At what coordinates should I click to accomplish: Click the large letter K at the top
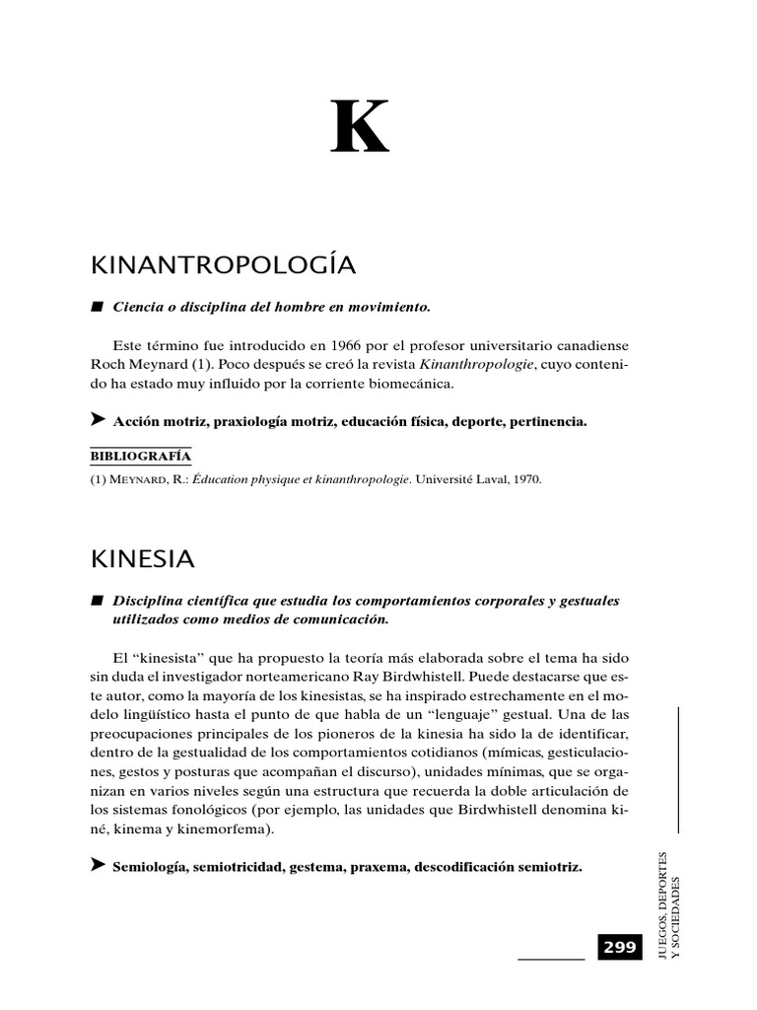(x=360, y=127)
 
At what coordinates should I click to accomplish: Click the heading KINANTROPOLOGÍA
(x=222, y=265)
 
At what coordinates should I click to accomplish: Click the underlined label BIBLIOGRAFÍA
(x=140, y=456)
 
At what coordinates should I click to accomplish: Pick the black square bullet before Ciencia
(x=97, y=307)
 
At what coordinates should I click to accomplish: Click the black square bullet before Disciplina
(x=97, y=601)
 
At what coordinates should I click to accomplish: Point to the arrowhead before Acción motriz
(x=98, y=420)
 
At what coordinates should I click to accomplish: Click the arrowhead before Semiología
(x=98, y=865)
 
